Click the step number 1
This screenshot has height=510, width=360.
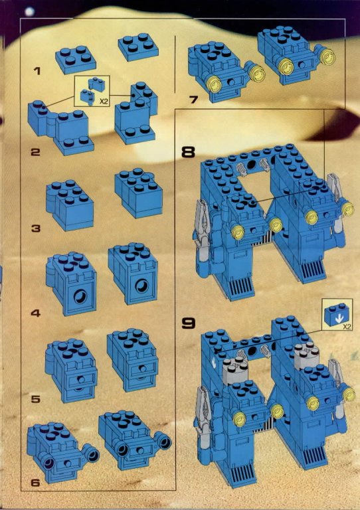(x=37, y=71)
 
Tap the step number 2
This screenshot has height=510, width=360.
(x=35, y=152)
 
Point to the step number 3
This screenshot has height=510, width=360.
(x=35, y=228)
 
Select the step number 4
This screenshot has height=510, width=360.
(x=35, y=313)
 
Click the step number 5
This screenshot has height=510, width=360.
(x=35, y=399)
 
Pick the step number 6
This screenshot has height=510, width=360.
(x=35, y=483)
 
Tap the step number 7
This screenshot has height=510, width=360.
(x=193, y=99)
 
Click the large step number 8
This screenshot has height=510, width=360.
(x=188, y=152)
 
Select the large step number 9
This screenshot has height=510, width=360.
(x=188, y=323)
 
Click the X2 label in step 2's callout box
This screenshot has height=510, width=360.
(x=104, y=102)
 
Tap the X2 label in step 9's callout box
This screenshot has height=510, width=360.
(x=347, y=327)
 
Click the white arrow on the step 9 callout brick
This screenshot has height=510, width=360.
(x=339, y=319)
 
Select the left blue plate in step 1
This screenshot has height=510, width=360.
(x=76, y=60)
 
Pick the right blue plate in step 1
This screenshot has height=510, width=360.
(x=138, y=47)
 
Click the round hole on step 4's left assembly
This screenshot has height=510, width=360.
(x=80, y=297)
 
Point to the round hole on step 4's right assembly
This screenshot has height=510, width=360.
(x=142, y=286)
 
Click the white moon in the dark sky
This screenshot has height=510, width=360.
(x=30, y=11)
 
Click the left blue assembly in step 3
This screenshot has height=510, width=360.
(x=70, y=205)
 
